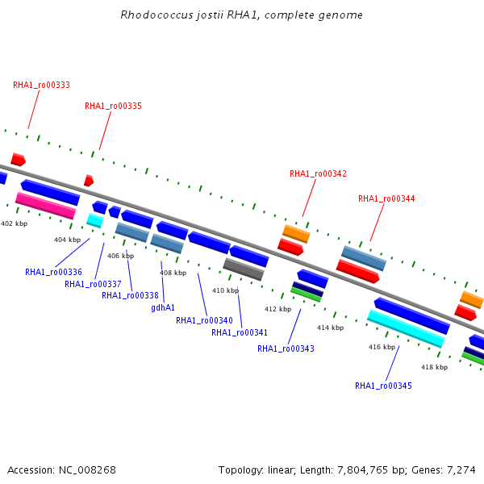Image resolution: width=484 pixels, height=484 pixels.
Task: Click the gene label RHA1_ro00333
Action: (x=41, y=86)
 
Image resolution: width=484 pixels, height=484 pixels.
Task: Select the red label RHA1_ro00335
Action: (x=113, y=106)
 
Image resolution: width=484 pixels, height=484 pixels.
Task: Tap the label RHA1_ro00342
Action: (x=318, y=173)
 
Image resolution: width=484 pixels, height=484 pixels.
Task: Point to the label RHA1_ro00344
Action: (x=386, y=198)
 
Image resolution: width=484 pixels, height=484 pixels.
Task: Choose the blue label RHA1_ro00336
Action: (x=53, y=273)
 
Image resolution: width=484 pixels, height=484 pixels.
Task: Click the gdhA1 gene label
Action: (x=163, y=308)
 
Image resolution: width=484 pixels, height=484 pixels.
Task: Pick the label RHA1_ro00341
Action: (x=240, y=332)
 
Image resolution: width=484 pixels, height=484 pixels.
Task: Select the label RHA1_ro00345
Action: (x=383, y=386)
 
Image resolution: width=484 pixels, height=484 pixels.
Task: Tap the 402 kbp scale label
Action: (x=15, y=223)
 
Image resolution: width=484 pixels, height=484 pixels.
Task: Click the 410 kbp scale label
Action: (x=225, y=290)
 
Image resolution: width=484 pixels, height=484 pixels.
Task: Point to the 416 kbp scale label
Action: (x=382, y=347)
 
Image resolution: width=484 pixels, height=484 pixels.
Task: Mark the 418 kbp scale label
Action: (x=434, y=367)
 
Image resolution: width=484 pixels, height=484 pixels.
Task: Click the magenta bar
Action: (x=46, y=206)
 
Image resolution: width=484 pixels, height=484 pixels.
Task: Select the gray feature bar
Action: (x=244, y=269)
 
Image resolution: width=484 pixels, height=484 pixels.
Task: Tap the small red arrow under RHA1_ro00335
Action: (x=89, y=181)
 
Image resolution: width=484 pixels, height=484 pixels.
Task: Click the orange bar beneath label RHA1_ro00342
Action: (x=296, y=234)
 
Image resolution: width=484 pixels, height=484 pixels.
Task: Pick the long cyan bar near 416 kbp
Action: (x=406, y=329)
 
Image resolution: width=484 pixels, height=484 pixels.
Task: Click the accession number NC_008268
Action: (x=87, y=470)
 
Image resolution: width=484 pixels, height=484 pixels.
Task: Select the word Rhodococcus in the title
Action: (x=156, y=15)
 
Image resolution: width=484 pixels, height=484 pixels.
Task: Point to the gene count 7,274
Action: (x=461, y=470)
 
